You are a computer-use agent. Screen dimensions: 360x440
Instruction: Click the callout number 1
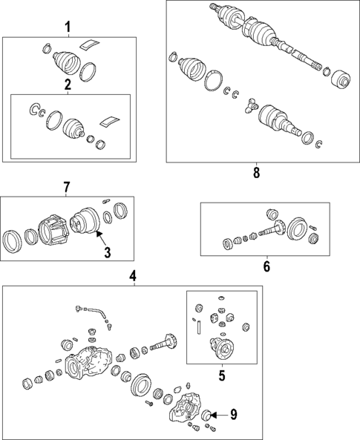(68, 27)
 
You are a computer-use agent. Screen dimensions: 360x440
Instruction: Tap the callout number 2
(68, 85)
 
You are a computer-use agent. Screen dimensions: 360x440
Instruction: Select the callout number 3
(108, 252)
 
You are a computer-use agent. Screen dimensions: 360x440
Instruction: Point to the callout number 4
(133, 276)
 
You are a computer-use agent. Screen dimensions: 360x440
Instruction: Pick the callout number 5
(222, 375)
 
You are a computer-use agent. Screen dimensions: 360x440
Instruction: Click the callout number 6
(266, 266)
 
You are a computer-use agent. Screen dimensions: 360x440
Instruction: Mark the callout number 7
(66, 187)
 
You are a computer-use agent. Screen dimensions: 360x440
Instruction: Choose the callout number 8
(256, 173)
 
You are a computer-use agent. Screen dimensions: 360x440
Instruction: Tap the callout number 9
(234, 415)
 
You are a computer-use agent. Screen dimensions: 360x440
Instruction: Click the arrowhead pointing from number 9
(213, 415)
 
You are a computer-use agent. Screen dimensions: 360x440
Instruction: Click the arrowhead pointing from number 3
(97, 233)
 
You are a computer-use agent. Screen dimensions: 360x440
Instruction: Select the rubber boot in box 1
(67, 62)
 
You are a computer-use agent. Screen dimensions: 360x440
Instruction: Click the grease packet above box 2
(90, 45)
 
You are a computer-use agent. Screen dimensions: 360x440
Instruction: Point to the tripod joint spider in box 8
(251, 105)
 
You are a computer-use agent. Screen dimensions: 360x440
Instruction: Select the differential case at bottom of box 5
(222, 348)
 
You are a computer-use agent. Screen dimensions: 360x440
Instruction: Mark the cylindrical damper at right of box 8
(341, 79)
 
